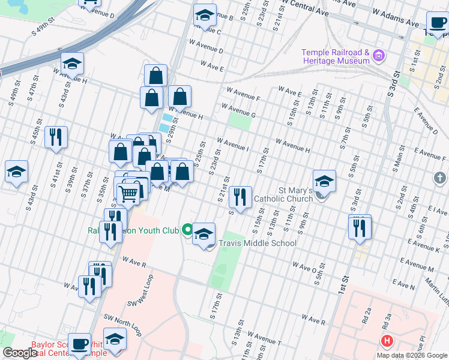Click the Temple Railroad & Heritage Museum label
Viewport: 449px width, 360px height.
pos(336,56)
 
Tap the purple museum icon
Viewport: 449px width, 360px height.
pos(379,57)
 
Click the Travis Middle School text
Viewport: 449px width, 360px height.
pos(258,243)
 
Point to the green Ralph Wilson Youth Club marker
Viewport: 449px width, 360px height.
pos(188,229)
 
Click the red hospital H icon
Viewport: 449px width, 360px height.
pos(387,341)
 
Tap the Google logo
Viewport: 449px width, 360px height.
pos(19,353)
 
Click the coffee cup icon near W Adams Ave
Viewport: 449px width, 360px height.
pos(438,23)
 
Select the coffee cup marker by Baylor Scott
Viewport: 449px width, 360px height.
pos(79,344)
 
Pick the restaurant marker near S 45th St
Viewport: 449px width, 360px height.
pos(56,137)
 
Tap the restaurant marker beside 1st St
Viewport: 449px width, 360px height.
pos(360,227)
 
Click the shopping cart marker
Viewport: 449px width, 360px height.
pos(128,193)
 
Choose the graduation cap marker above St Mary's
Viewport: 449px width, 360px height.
pos(324,181)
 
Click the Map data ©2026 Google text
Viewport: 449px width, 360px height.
pos(411,355)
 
